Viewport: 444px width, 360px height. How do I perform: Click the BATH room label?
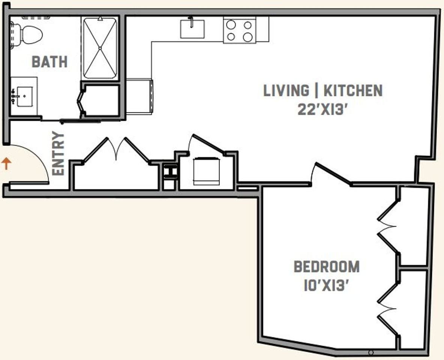tap(50, 61)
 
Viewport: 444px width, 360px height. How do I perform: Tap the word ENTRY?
tap(58, 153)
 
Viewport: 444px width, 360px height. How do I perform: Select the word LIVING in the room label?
tap(286, 91)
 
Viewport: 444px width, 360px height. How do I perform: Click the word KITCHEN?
tap(353, 91)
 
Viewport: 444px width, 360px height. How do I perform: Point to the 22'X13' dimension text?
tap(322, 109)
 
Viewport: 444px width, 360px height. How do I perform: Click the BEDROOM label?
tap(327, 267)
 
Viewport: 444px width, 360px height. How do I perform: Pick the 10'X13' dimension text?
tap(326, 285)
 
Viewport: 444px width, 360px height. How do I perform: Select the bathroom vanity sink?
tap(25, 96)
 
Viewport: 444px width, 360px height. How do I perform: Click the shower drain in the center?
tap(100, 48)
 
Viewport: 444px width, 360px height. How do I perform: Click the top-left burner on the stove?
tap(231, 25)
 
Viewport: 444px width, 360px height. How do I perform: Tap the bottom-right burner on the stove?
tap(247, 37)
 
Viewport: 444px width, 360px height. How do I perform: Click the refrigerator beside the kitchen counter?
tap(139, 96)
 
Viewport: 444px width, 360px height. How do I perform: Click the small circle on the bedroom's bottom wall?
tap(371, 352)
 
